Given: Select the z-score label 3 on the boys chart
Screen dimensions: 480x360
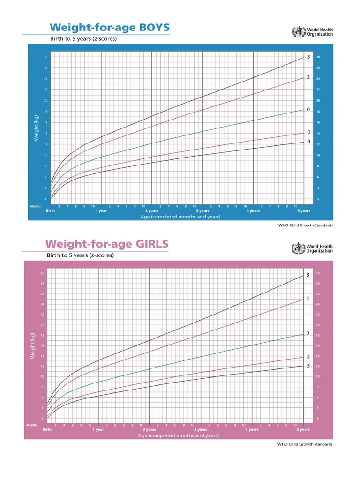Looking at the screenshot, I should tap(308, 57).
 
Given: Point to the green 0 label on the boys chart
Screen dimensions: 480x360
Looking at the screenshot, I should tap(308, 109).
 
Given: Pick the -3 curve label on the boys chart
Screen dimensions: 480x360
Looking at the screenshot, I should tap(308, 141).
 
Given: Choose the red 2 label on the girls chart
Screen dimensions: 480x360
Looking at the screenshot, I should tap(307, 299).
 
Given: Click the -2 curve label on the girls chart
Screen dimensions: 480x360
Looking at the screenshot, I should tap(307, 357).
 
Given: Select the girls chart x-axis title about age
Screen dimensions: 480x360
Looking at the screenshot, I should tap(178, 435).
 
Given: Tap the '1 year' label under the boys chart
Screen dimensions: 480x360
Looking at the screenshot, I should tap(101, 211).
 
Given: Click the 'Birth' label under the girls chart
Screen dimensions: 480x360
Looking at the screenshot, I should tap(47, 429).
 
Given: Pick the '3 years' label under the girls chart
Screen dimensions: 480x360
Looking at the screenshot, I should tap(201, 429).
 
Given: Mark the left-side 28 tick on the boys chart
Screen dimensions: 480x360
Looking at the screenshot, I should tap(45, 57).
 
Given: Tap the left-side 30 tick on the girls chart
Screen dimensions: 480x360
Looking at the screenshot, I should tap(43, 273).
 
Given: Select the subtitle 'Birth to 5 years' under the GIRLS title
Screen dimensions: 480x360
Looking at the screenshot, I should tap(80, 255).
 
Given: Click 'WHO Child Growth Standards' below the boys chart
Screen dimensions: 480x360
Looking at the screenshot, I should tap(305, 225).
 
